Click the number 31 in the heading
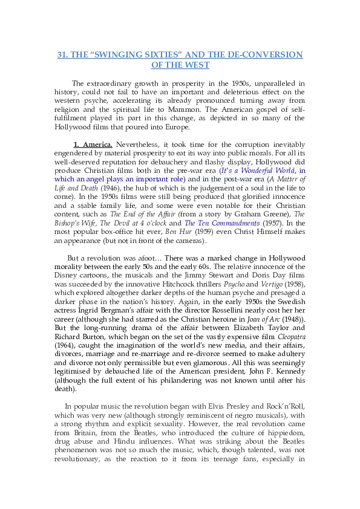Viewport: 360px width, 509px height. pos(62,55)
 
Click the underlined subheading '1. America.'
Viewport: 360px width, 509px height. pos(93,145)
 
